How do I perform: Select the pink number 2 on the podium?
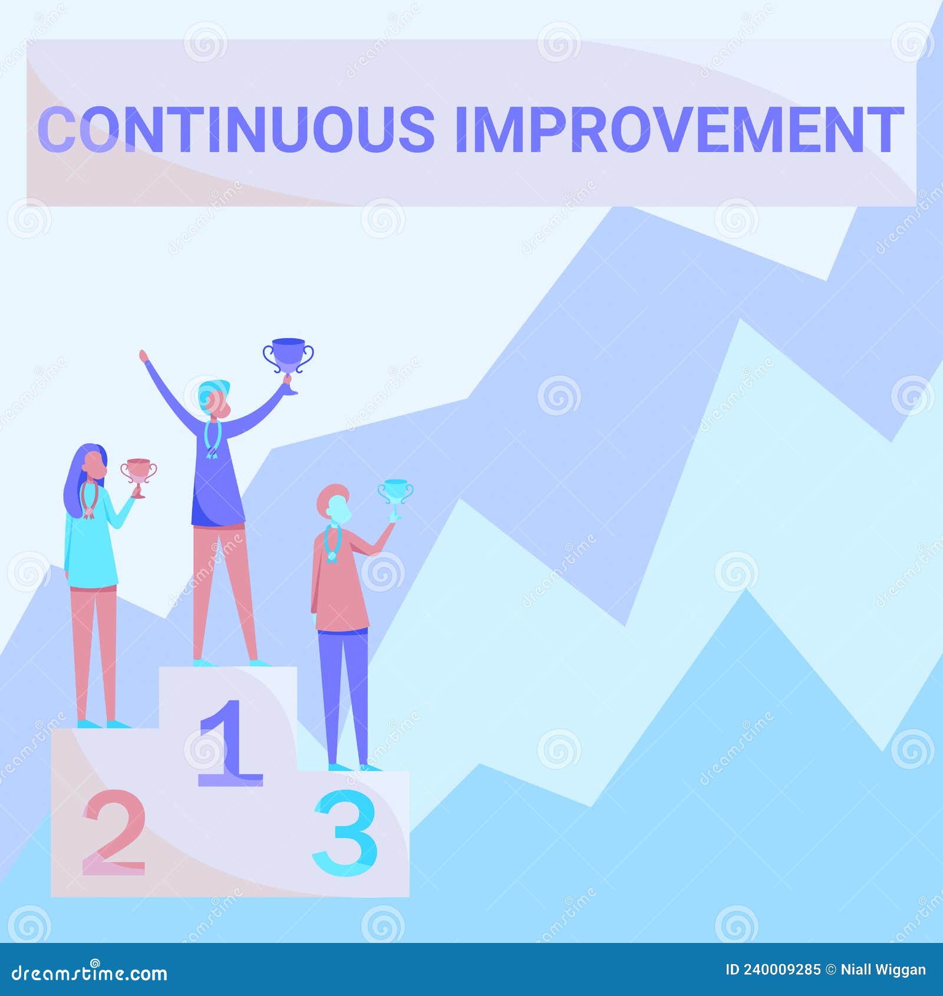113,835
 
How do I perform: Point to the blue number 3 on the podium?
345,833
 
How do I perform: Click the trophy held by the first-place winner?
288,357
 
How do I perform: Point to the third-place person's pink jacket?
341,589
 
